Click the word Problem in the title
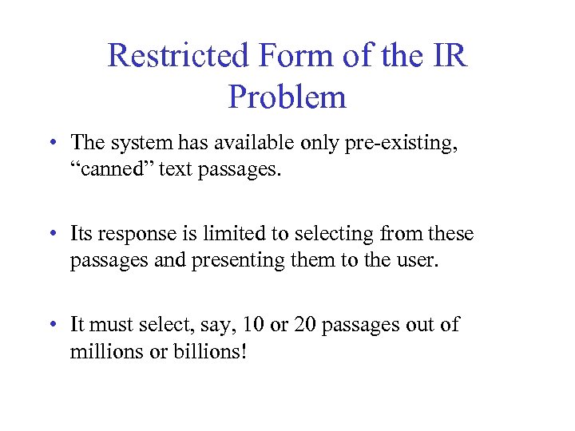(287, 97)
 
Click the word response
(144, 235)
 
